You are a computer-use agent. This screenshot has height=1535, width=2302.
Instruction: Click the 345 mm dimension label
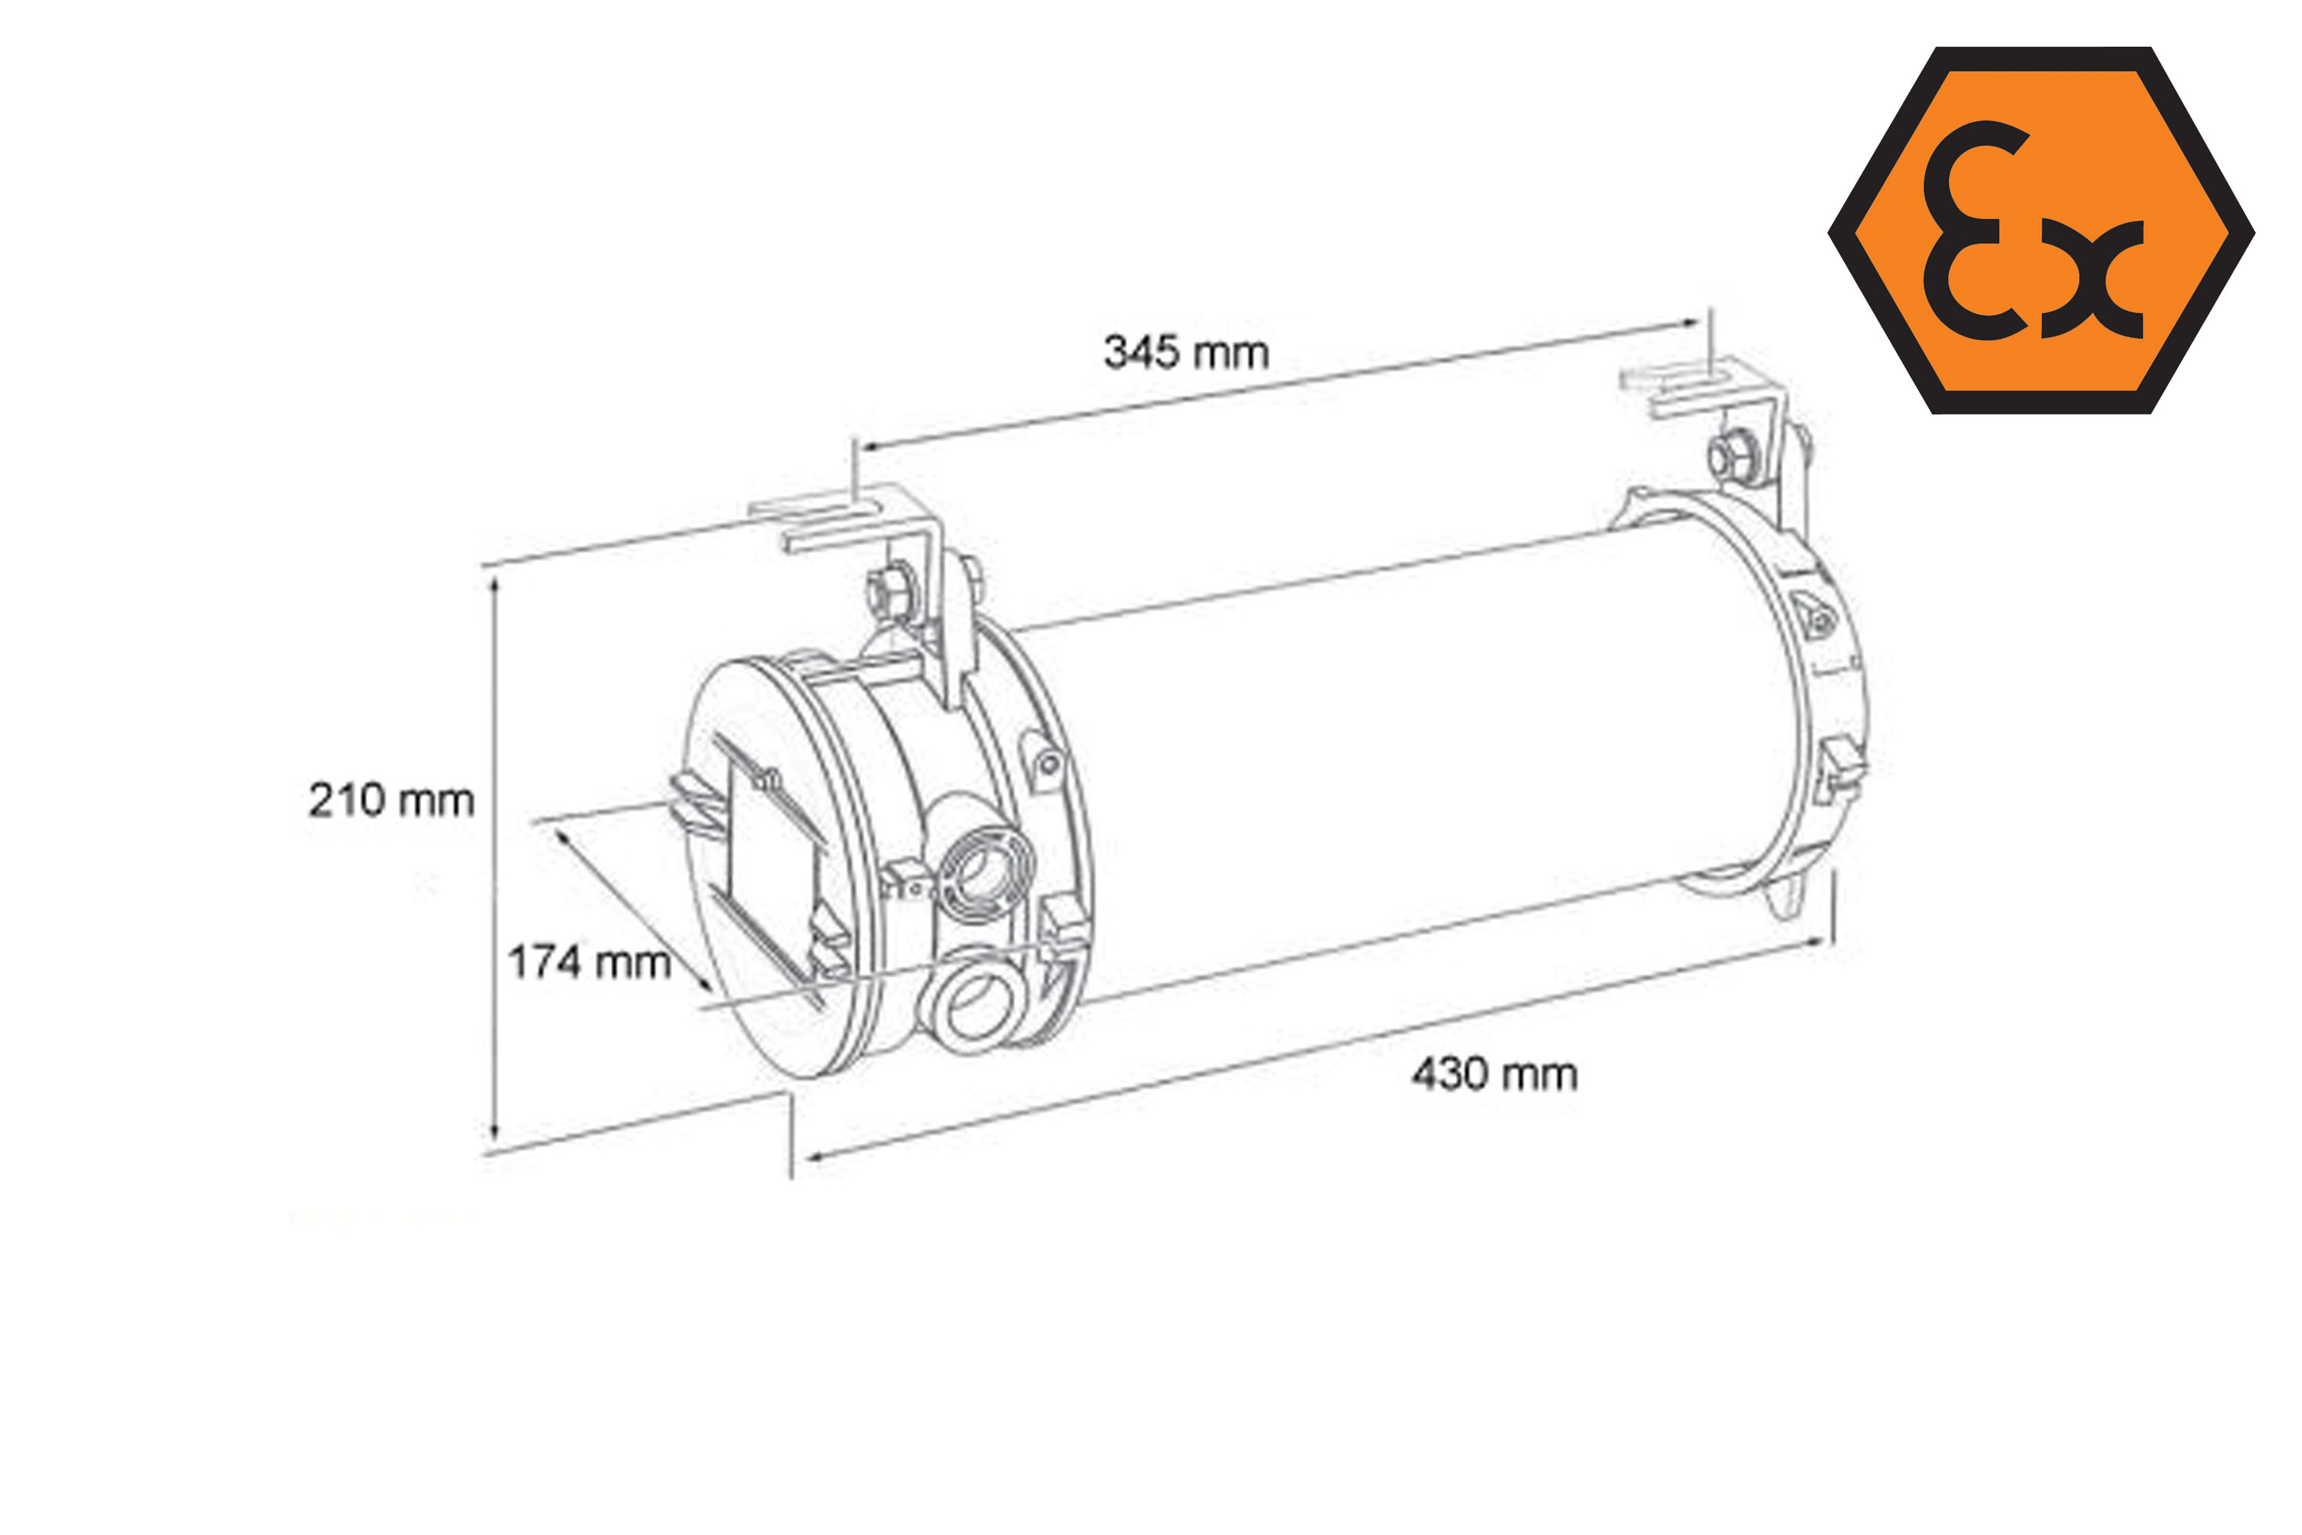[1186, 352]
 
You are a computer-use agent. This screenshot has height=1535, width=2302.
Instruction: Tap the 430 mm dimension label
[1495, 1075]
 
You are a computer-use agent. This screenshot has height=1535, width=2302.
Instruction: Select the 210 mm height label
[391, 800]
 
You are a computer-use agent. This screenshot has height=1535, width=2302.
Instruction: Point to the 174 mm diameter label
[589, 962]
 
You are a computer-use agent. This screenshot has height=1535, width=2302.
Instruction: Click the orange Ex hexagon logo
[2042, 230]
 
